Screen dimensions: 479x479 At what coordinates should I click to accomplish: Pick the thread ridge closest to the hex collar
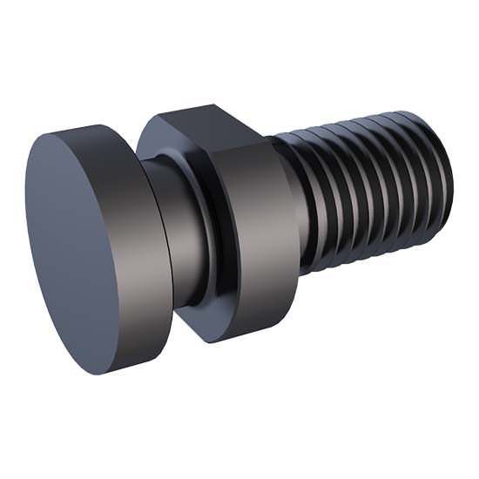point(300,200)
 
